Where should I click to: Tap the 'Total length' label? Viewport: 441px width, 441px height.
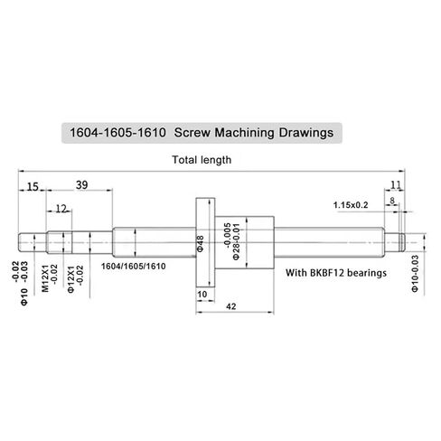pyautogui.click(x=202, y=160)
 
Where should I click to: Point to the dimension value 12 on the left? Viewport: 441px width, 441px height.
pyautogui.click(x=61, y=209)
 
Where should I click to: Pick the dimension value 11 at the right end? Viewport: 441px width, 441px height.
pyautogui.click(x=395, y=186)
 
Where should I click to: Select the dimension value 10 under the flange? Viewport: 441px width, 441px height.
pyautogui.click(x=201, y=295)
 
